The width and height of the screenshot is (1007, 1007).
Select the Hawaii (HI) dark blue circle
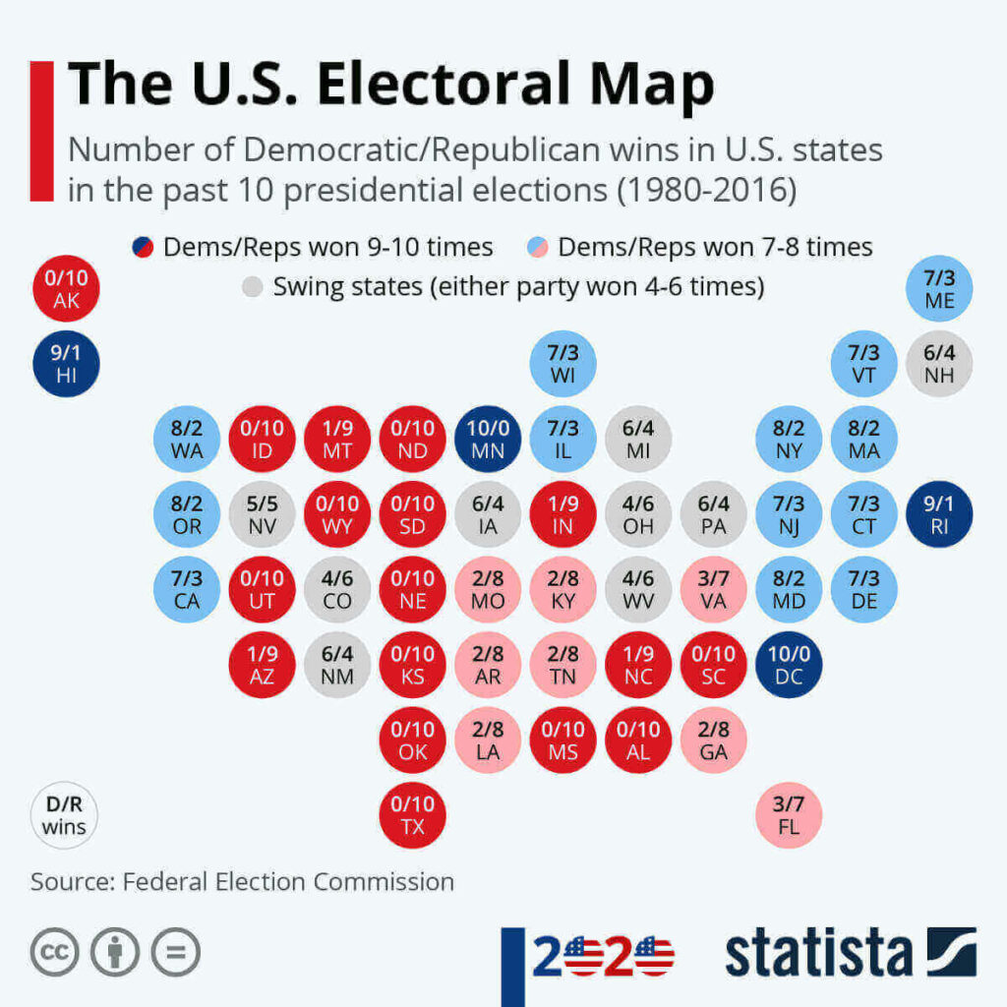point(66,364)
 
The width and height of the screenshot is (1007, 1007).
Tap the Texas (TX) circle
point(413,814)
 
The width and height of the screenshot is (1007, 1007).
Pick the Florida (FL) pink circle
point(789,814)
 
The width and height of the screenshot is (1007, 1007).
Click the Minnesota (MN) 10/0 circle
point(488,440)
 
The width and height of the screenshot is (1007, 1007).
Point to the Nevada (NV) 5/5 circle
point(263,514)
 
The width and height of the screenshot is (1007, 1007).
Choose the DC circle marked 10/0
point(789,665)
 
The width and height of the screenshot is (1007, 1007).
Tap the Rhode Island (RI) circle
point(939,514)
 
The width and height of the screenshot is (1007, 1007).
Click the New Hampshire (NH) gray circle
point(939,364)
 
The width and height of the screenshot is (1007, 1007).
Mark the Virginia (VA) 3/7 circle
point(714,589)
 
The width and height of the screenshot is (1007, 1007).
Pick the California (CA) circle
point(187,589)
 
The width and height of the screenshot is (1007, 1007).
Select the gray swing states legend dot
point(253,288)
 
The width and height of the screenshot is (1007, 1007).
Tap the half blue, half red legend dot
point(142,247)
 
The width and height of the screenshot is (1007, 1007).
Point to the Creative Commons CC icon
point(54,952)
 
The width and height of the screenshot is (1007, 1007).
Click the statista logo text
point(818,953)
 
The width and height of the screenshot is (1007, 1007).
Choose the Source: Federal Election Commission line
point(242,881)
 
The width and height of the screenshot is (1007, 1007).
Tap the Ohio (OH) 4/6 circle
point(638,514)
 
